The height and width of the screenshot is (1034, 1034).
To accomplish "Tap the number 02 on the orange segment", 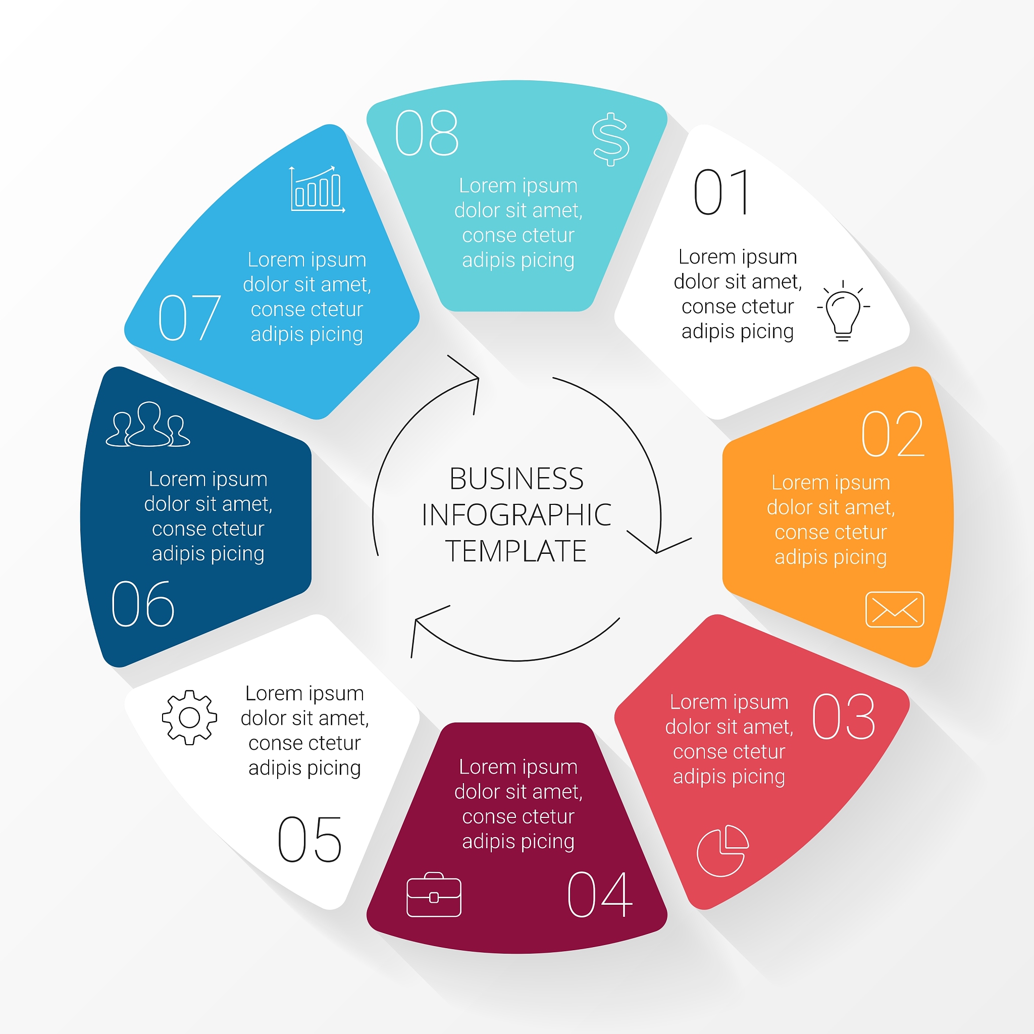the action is pos(893,434).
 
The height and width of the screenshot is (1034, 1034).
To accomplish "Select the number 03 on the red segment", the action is pos(844,716).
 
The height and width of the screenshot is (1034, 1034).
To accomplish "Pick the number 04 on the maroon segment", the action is pos(599,894).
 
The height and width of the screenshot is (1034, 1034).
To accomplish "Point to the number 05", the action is pos(309,840).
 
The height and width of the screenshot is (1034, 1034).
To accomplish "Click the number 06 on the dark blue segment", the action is pos(142,604).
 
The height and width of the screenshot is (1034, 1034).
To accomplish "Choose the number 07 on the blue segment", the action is pos(189,318).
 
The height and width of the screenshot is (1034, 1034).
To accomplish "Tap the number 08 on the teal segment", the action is pos(427,133).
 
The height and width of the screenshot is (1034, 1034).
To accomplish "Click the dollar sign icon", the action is pos(611,139).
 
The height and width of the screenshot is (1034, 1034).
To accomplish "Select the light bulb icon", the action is pos(844,311).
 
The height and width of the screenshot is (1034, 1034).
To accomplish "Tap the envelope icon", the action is pos(895,609).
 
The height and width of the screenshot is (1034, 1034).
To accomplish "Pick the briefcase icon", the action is pos(434,894).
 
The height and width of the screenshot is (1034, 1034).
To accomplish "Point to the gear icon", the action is pos(189,718).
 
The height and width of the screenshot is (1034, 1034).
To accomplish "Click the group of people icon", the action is pos(148,425).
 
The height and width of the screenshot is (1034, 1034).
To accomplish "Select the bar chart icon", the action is pos(318,189).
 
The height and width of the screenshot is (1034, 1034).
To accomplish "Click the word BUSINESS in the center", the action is pos(516,479).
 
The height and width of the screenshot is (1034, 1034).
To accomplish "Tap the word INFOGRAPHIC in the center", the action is pos(516,515).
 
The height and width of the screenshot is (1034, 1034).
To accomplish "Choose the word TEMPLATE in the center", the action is pos(516,551).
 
